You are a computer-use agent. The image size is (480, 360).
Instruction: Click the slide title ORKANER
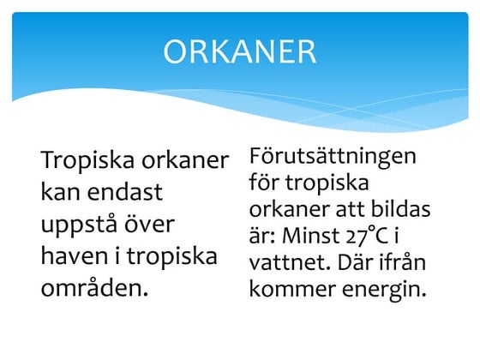[x=239, y=52]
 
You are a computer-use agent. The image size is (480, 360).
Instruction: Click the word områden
[x=94, y=286]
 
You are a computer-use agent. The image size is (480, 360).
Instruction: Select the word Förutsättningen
[x=333, y=157]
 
